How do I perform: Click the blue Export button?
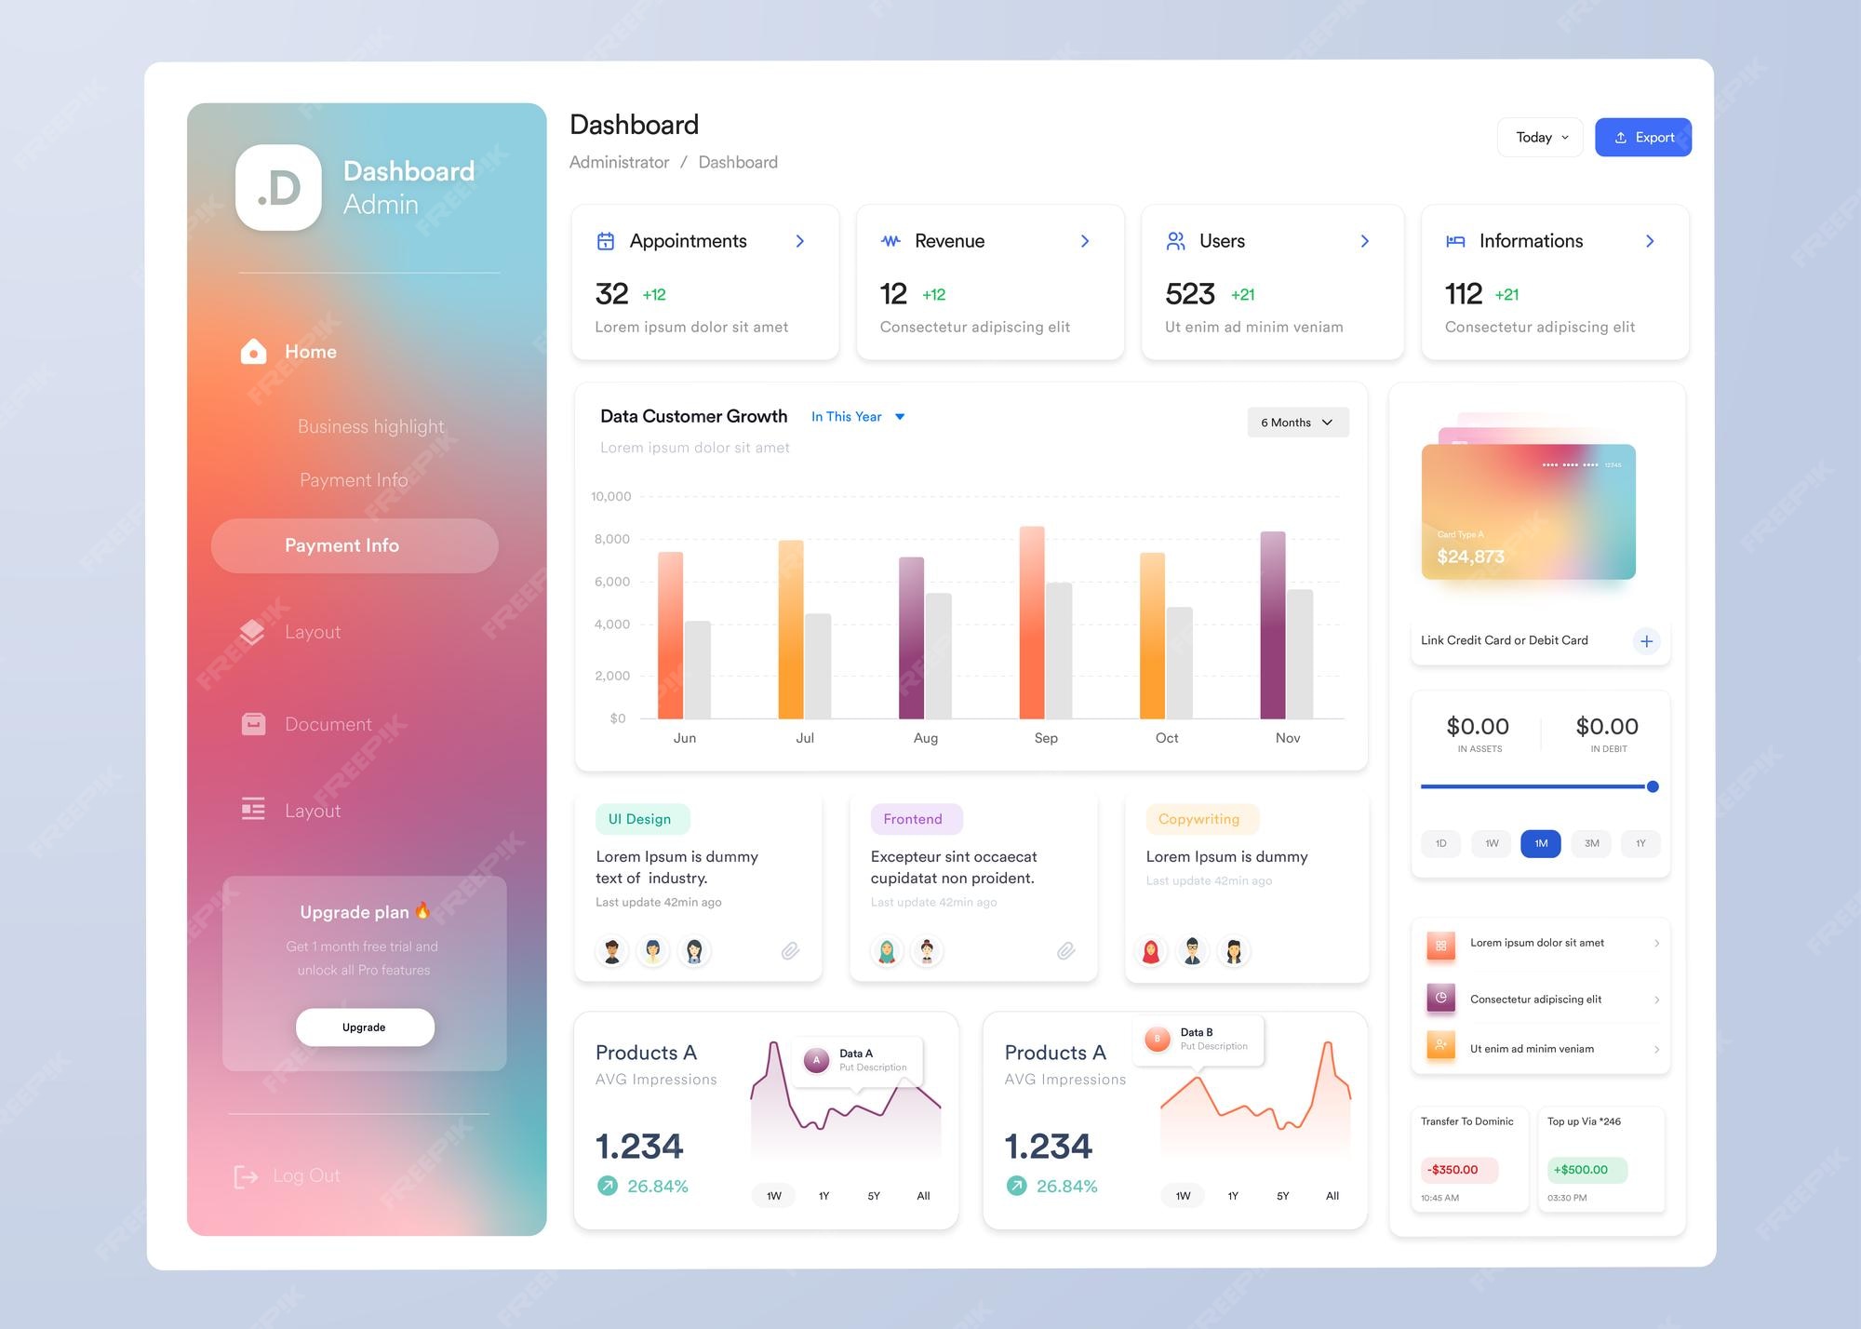(1642, 138)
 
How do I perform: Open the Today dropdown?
(1540, 138)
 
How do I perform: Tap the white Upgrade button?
(365, 1027)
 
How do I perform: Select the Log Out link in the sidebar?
(288, 1176)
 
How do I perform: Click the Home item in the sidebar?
(310, 352)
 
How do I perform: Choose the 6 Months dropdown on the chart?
(1297, 423)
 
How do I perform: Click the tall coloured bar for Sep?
(1031, 623)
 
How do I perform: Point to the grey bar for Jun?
(698, 670)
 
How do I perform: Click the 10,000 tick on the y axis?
(610, 497)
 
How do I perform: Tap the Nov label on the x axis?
(1288, 738)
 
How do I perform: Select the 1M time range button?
(1541, 843)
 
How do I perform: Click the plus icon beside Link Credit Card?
(1646, 641)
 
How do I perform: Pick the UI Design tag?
(640, 819)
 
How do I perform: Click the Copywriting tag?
(1199, 819)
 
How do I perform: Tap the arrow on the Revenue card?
(1085, 241)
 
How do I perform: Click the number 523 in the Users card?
(1190, 294)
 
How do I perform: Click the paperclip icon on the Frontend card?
(1066, 950)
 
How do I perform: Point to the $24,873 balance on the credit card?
(1470, 557)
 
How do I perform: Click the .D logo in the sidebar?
(278, 188)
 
